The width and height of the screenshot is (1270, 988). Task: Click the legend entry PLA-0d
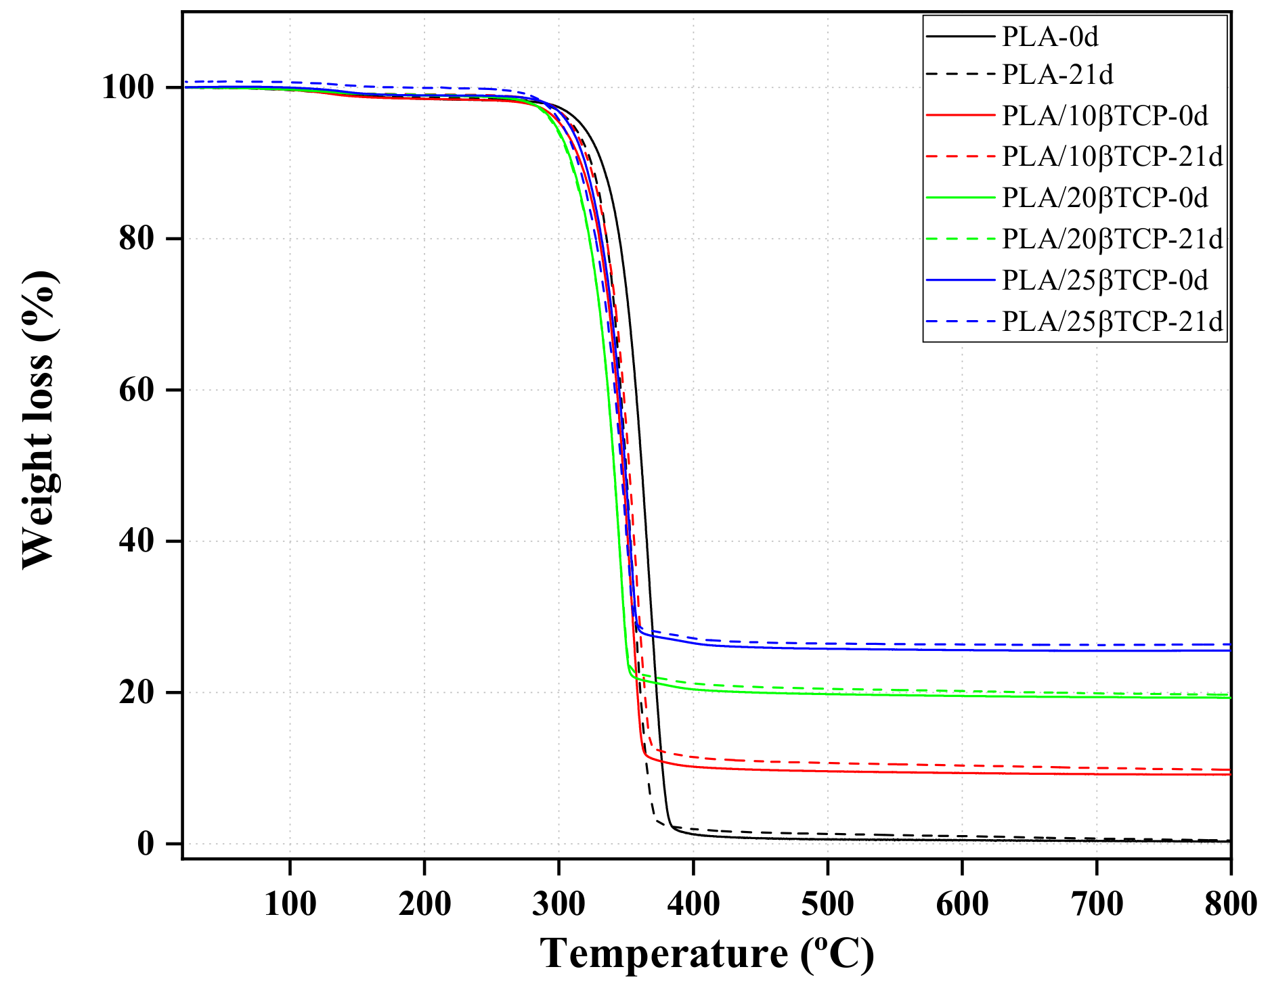1049,37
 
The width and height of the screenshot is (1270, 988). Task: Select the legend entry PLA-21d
1057,75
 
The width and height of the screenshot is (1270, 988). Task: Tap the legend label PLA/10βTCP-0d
1105,116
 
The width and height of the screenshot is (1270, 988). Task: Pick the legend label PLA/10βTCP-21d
1112,156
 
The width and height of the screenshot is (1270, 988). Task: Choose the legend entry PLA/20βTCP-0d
1105,198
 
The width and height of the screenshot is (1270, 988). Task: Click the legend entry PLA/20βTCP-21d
1112,239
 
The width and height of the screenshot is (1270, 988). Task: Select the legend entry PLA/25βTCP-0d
1105,280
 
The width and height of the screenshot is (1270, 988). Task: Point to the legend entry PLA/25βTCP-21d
1112,321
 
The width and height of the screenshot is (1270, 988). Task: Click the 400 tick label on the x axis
693,903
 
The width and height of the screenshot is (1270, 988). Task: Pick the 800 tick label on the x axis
1229,903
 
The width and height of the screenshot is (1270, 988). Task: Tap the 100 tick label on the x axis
290,903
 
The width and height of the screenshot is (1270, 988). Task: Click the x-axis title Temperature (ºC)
707,954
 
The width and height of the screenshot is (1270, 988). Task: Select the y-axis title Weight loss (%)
39,420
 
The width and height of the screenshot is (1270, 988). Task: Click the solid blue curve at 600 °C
962,650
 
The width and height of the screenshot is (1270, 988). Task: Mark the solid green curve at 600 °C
962,696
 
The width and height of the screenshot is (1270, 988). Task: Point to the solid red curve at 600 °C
962,773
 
